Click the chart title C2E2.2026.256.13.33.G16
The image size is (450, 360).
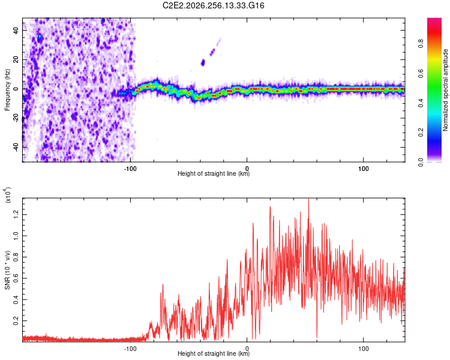point(213,5)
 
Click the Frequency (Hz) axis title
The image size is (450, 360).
point(7,90)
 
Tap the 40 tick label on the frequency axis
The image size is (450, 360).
point(16,30)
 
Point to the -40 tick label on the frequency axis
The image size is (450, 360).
point(16,147)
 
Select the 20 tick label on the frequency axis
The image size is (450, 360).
point(16,59)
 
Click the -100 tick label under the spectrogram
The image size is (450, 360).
point(130,169)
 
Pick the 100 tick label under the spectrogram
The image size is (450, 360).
point(364,169)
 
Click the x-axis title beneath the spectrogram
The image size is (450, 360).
point(214,173)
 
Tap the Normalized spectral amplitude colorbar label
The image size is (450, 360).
point(445,90)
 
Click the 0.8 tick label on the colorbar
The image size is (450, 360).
point(421,44)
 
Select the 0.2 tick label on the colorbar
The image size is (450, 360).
point(421,133)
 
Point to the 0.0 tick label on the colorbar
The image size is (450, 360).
point(421,162)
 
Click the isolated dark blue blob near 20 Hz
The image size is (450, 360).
point(203,62)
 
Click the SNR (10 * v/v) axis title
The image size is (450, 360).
point(7,270)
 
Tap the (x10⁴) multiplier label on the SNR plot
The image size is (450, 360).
point(8,195)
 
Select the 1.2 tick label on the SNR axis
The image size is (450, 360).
point(16,214)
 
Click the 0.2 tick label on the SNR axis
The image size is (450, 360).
point(16,320)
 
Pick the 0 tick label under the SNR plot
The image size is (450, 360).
point(247,349)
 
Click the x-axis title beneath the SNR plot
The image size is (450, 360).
point(214,353)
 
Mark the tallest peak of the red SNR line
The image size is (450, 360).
point(308,199)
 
